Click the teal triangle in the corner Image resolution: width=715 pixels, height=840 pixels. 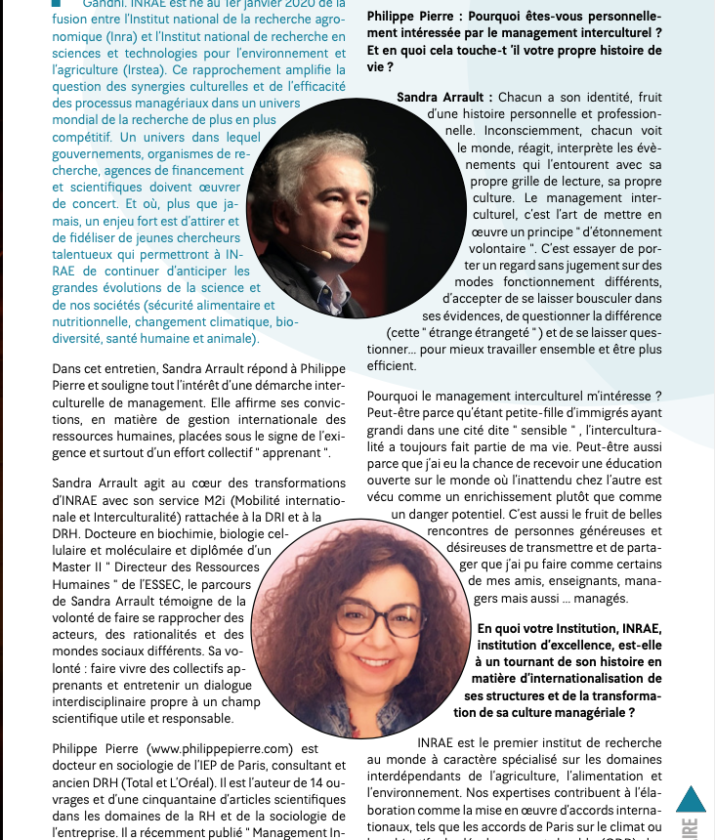tap(691, 799)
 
